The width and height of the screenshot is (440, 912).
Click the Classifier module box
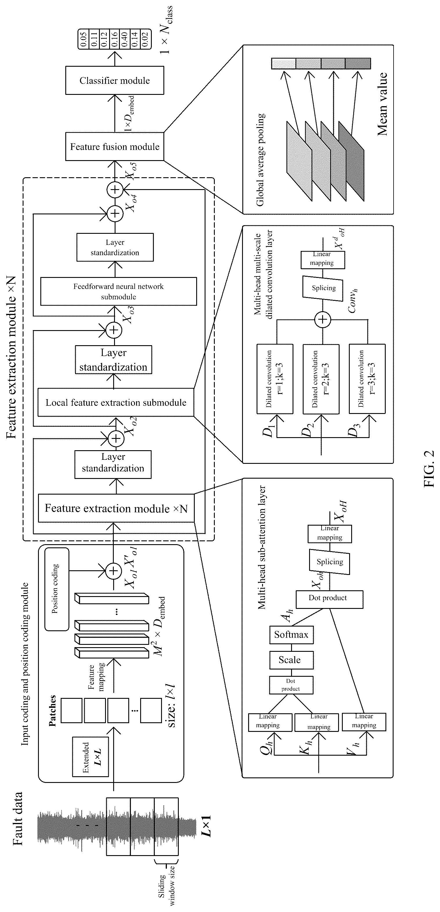pos(114,81)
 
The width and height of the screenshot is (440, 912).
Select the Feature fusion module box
pos(114,146)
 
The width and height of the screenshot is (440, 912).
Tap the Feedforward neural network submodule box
pos(118,291)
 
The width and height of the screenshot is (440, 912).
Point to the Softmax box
pos(291,634)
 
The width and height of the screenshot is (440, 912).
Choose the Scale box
pos(291,660)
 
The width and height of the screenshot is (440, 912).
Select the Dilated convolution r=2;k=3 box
pos(321,379)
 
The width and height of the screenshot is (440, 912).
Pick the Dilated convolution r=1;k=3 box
pos(275,379)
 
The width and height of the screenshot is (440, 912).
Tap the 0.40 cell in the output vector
pos(124,39)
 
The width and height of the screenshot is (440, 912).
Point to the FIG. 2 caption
pos(429,468)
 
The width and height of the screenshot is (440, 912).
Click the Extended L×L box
pos(90,757)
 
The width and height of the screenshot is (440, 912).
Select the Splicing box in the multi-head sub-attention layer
pos(329,562)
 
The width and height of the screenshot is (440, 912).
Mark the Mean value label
pos(382,104)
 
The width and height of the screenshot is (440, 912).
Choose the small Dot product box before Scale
pos(291,685)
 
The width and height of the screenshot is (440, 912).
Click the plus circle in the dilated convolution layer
pos(323,320)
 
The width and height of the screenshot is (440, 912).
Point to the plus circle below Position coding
pos(113,571)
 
